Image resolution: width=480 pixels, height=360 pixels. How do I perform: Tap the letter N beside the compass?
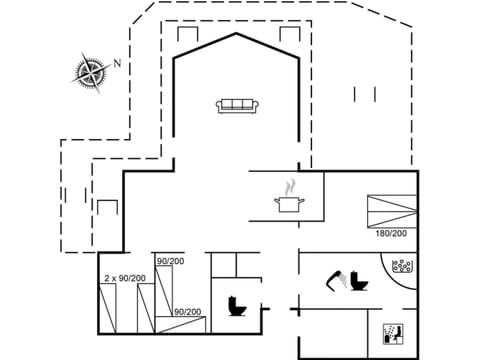coord(117,63)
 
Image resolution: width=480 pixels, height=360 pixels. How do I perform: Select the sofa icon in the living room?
coord(237,105)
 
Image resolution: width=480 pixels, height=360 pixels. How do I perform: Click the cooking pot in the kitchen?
coord(288,204)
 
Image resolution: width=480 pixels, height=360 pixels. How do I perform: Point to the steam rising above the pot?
coord(289,187)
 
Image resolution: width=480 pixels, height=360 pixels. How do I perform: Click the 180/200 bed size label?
coord(390,233)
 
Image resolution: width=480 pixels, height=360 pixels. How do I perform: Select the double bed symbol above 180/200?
coord(389,209)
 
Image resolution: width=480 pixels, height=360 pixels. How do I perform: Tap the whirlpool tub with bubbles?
coord(404,268)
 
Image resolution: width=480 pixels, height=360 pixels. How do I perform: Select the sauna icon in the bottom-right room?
coord(391,333)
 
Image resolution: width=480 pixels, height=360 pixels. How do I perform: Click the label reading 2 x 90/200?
coord(125,278)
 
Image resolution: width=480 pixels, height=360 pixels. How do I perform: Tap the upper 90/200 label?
coord(170,262)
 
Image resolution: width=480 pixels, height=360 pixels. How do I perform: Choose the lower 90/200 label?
coord(186,312)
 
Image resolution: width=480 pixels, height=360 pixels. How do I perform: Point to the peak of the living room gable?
coord(237,32)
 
